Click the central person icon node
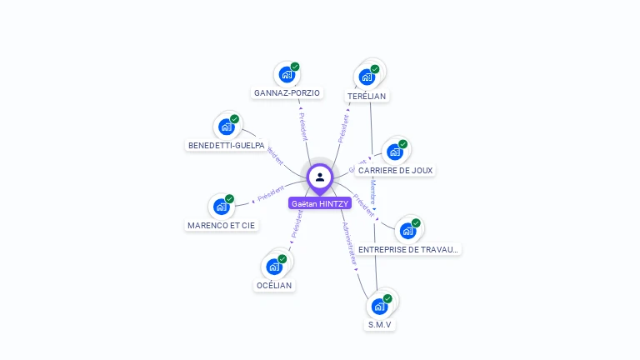[x=320, y=177]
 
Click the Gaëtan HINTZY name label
[x=320, y=203]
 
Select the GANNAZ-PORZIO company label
[x=287, y=92]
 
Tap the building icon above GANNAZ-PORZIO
[x=287, y=74]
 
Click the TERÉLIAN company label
[x=367, y=96]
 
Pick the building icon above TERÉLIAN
[x=367, y=77]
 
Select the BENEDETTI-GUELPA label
[x=227, y=145]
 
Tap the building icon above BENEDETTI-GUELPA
[x=226, y=127]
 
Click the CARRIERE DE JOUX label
[x=396, y=170]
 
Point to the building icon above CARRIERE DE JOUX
[x=395, y=152]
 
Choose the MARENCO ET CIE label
[x=222, y=225]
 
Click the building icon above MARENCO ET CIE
[x=221, y=206]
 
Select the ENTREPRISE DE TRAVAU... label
[x=408, y=249]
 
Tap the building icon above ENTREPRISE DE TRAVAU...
[x=407, y=231]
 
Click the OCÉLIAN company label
[x=275, y=285]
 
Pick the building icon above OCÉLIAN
[x=274, y=267]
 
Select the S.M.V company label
[x=380, y=324]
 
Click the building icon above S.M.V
[x=379, y=306]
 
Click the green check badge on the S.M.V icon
[x=387, y=298]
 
